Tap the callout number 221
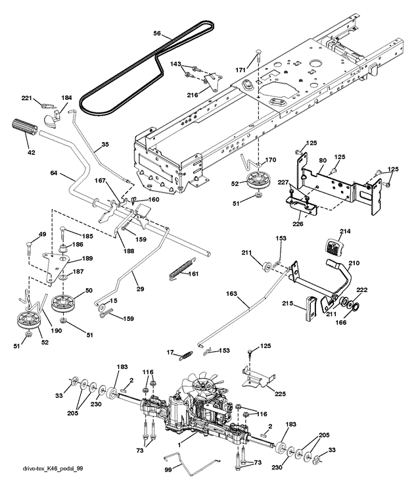coord(26,99)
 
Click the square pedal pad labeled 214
coord(335,247)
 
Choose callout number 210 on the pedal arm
coord(354,264)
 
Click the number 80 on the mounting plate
coord(323,160)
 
